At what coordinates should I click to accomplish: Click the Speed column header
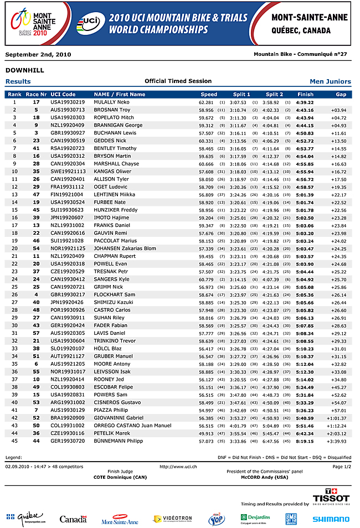click(x=209, y=95)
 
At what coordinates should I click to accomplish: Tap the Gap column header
click(x=341, y=95)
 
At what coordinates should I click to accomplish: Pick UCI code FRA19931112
click(x=68, y=187)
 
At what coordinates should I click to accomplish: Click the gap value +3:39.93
click(x=336, y=441)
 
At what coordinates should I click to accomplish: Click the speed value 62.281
click(x=206, y=102)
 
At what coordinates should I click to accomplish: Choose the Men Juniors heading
click(x=330, y=81)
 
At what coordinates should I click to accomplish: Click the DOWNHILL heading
click(x=24, y=70)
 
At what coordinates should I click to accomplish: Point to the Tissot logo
click(x=331, y=495)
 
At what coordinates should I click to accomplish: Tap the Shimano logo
click(x=331, y=519)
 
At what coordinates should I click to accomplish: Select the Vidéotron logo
click(x=173, y=519)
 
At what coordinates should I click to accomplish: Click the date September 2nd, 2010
click(x=38, y=54)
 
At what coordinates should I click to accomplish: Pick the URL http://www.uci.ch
click(x=178, y=467)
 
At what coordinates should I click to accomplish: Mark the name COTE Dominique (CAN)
click(x=120, y=477)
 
